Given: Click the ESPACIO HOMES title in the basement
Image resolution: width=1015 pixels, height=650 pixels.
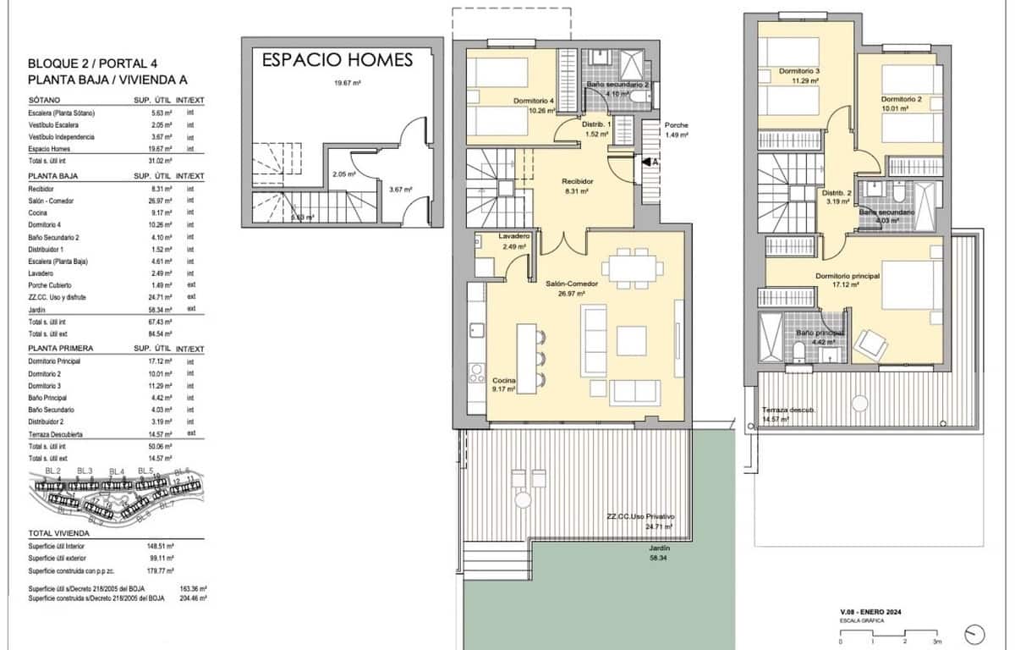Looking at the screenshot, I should click(x=337, y=59).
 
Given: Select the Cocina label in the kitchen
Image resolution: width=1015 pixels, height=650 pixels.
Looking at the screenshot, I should click(x=504, y=381).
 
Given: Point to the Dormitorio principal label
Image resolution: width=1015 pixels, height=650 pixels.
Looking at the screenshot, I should click(x=848, y=276).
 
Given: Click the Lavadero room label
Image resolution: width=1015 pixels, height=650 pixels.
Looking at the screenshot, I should click(x=513, y=236).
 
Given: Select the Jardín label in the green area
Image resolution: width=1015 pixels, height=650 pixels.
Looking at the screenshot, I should click(x=650, y=548).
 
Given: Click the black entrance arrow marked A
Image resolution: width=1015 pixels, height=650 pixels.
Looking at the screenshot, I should click(x=648, y=161).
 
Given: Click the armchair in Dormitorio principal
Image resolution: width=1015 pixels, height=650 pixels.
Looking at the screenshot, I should click(x=871, y=344).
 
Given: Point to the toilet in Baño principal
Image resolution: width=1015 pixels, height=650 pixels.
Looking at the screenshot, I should click(x=798, y=365).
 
